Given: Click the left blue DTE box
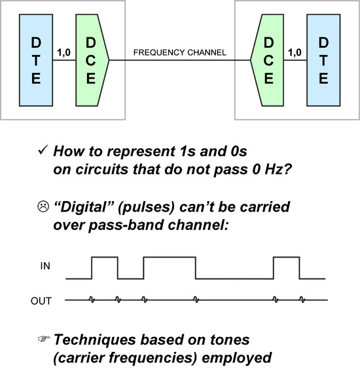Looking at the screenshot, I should click(36, 60).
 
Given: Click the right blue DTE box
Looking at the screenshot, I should click(324, 60).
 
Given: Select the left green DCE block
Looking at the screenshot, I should click(92, 60).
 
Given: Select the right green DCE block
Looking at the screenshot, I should click(268, 60).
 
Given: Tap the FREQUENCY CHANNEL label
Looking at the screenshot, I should click(179, 52).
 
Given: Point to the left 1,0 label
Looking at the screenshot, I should click(65, 50).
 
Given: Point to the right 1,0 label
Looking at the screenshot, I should click(296, 50).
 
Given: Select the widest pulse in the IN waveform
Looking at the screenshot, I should click(169, 267).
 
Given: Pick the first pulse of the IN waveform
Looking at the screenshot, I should click(105, 267).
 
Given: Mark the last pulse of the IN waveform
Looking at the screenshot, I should click(286, 267).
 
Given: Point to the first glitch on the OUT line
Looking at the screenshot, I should click(92, 300).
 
